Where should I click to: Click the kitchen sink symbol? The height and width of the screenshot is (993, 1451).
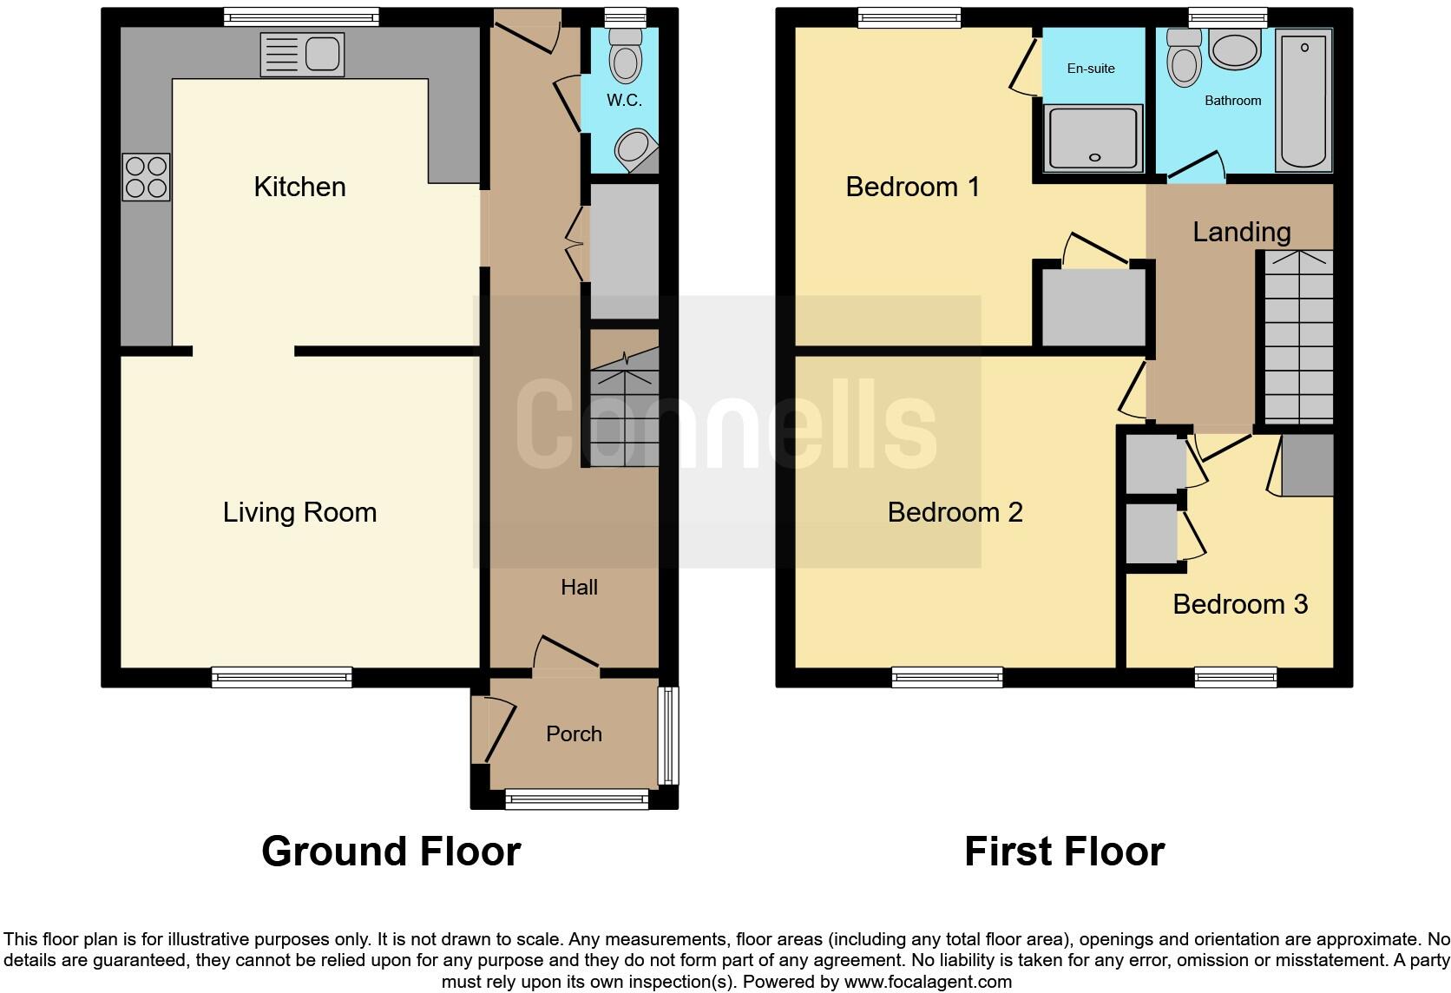point(302,55)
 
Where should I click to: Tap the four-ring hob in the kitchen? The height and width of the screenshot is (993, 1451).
point(146,176)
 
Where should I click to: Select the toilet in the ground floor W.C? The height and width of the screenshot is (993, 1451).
point(625,55)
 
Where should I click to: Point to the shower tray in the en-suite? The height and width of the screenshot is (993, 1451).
point(1093,137)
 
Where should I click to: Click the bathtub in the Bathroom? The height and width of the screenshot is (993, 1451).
point(1303,100)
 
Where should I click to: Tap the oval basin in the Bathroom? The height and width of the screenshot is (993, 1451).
point(1234,50)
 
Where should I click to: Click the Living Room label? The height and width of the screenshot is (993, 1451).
point(299,512)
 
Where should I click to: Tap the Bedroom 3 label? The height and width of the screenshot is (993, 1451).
point(1239,604)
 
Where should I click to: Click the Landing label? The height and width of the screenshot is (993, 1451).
point(1241,232)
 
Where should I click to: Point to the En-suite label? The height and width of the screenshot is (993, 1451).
point(1091,69)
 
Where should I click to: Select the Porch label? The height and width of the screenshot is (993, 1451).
point(574,734)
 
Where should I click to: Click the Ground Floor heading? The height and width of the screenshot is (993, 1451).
point(391,852)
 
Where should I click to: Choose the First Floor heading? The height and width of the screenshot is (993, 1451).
point(1064,852)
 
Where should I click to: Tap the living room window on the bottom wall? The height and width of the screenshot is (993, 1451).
point(282,677)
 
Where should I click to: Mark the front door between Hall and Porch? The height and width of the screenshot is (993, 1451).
point(566,670)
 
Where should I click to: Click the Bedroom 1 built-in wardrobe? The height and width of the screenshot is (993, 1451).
point(1093,307)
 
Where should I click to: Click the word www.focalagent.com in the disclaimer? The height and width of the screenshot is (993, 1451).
point(928,982)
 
